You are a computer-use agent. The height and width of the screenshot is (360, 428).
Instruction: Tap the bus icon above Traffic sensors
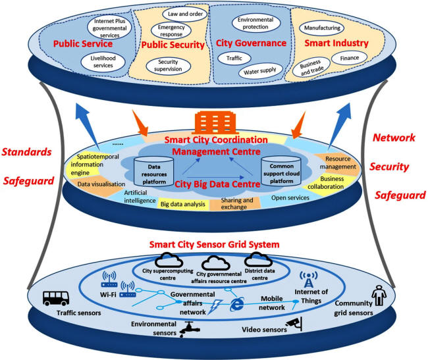(57, 299)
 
